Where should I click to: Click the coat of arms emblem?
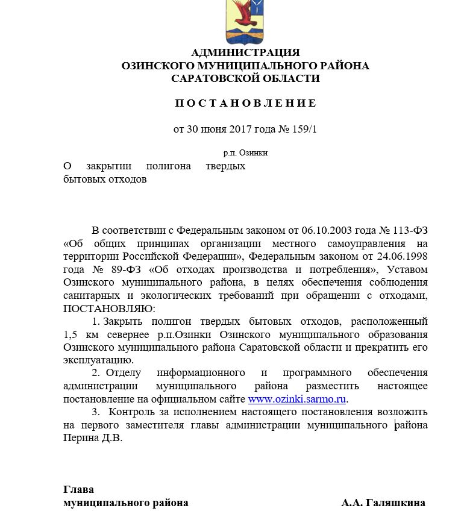245,19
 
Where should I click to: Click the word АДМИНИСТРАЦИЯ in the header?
245,52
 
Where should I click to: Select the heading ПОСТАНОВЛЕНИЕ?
245,103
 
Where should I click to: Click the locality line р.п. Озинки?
245,153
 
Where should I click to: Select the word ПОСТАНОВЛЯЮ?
108,308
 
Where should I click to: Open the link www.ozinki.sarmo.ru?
298,399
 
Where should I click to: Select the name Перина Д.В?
93,438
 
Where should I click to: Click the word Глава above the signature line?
78,490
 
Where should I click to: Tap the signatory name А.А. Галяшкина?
383,503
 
